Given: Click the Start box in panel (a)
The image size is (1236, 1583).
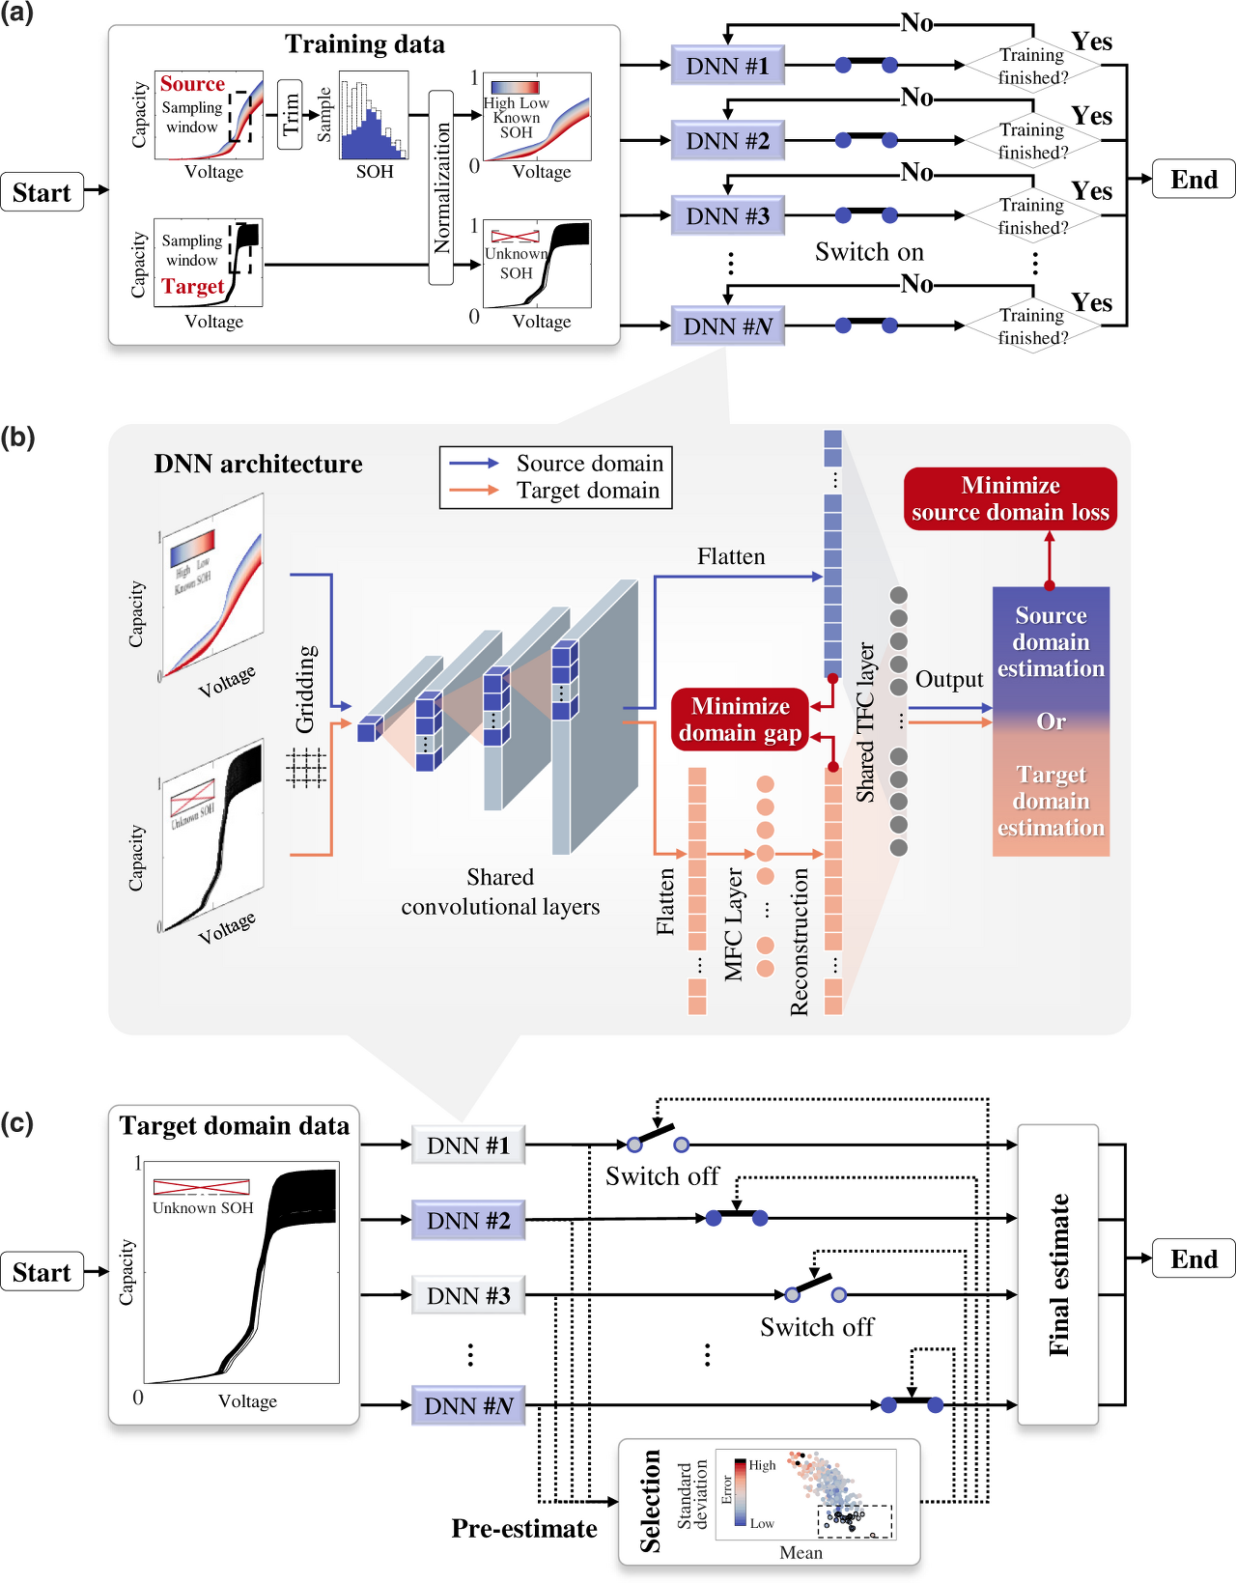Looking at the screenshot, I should pyautogui.click(x=42, y=192).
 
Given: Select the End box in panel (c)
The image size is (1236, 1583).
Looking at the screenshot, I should pyautogui.click(x=1194, y=1258).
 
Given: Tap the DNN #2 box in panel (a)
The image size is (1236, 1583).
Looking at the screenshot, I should pyautogui.click(x=727, y=141).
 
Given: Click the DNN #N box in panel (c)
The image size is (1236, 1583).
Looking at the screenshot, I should pyautogui.click(x=468, y=1405).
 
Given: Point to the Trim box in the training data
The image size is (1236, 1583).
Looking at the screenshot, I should pyautogui.click(x=290, y=114).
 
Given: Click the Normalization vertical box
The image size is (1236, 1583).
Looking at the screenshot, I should pyautogui.click(x=441, y=187).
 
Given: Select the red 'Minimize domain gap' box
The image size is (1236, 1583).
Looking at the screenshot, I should pyautogui.click(x=740, y=720).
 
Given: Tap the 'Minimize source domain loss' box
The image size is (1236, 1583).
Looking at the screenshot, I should pyautogui.click(x=1010, y=498).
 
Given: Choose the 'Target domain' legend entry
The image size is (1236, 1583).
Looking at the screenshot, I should pyautogui.click(x=587, y=491).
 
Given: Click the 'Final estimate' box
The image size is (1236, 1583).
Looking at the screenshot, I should pyautogui.click(x=1058, y=1274).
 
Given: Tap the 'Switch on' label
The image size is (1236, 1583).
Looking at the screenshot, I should pyautogui.click(x=869, y=252).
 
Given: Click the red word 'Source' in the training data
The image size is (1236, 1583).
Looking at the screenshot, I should pyautogui.click(x=192, y=84).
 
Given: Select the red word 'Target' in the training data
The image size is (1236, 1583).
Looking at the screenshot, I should pyautogui.click(x=193, y=286).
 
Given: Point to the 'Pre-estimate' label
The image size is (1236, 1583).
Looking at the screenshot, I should pyautogui.click(x=524, y=1528).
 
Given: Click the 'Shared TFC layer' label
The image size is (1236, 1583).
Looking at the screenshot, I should pyautogui.click(x=865, y=721).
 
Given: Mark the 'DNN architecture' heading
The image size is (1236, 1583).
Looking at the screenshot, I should pyautogui.click(x=258, y=464).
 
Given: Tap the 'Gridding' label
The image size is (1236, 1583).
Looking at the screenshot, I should pyautogui.click(x=305, y=689).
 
